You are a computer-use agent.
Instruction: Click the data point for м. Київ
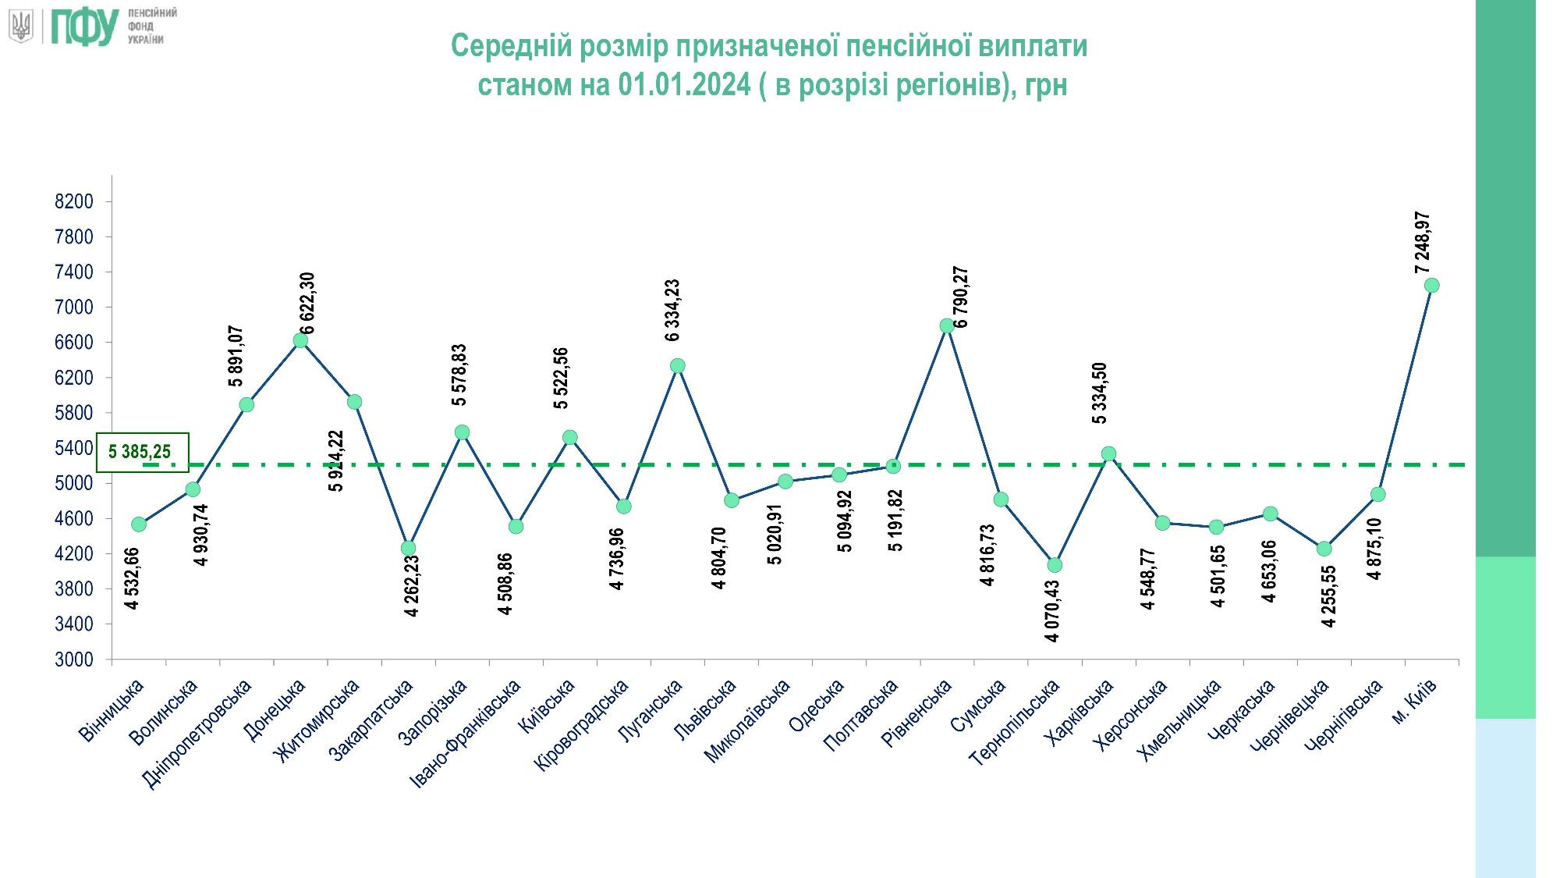point(1431,286)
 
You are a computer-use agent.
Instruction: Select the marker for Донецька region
point(300,340)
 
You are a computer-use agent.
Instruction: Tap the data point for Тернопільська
point(1055,565)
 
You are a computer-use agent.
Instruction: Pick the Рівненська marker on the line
point(947,325)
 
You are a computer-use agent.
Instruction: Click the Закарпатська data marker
point(408,548)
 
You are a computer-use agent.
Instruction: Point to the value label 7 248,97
point(1423,243)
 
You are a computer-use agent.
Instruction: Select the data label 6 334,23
point(672,310)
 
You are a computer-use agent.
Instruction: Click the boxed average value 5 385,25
point(141,452)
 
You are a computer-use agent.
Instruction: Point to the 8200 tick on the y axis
point(74,202)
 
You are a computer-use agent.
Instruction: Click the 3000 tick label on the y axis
point(74,660)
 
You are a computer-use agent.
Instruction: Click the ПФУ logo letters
point(83,26)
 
